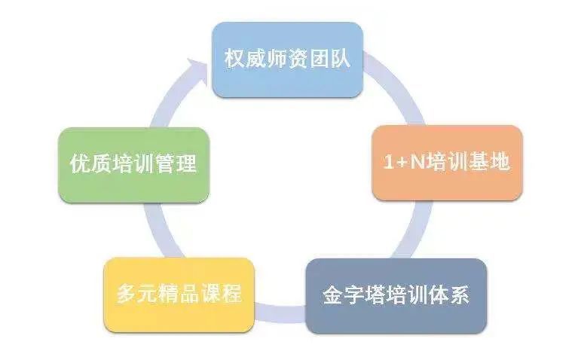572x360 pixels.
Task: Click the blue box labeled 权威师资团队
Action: coord(287,59)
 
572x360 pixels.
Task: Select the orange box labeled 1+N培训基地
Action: coord(447,163)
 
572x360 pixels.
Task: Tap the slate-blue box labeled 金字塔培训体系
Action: coord(396,296)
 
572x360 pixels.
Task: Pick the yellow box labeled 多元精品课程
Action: coord(179,294)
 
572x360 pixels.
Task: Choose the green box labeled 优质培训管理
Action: coord(133,165)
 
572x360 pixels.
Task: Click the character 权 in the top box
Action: coord(234,58)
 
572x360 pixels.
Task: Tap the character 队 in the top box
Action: coord(341,58)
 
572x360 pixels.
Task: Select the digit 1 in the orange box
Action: coord(389,162)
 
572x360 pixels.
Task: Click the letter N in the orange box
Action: coord(418,162)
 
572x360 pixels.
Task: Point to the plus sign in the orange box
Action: coord(402,163)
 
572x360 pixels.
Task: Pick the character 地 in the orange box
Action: coord(500,162)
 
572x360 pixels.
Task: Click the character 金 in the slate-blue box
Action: coord(333,294)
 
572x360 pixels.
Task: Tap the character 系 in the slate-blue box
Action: coord(459,294)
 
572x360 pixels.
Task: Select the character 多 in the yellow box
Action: coord(127,293)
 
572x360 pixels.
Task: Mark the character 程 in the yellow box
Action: coord(232,293)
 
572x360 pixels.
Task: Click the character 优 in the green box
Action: coord(80,163)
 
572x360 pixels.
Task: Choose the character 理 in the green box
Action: coord(187,163)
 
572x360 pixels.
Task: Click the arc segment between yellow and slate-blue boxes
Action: coord(280,313)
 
